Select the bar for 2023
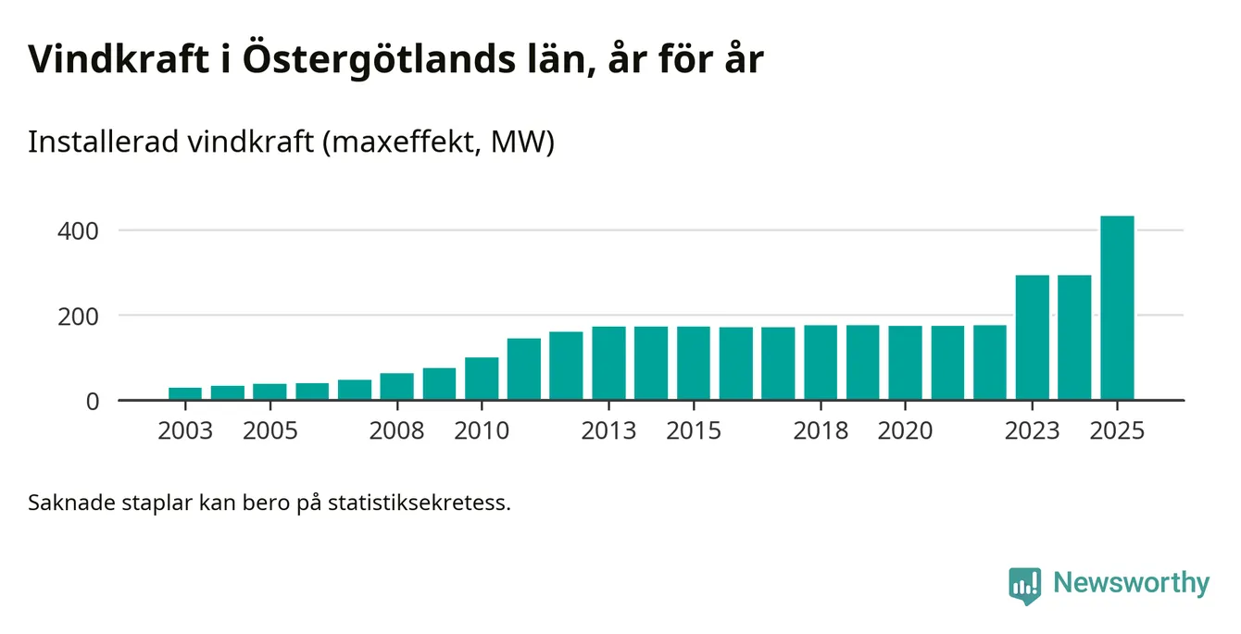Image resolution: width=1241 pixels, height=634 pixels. [x=1033, y=338]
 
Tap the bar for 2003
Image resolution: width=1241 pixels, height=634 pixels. [x=185, y=394]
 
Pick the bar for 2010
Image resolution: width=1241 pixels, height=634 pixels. [x=482, y=379]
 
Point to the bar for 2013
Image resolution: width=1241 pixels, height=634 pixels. [x=608, y=364]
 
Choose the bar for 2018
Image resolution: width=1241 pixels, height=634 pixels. [x=821, y=363]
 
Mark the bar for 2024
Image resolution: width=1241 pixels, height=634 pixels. [x=1074, y=338]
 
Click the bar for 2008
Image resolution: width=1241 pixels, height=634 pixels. [x=397, y=387]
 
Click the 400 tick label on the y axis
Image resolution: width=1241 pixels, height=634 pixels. [x=79, y=230]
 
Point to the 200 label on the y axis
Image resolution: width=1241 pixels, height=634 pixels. [x=79, y=316]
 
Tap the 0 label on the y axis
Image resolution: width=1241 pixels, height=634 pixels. [x=92, y=402]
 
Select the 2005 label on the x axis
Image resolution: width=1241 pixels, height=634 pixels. [x=270, y=431]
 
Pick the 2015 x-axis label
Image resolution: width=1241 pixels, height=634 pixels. [x=694, y=431]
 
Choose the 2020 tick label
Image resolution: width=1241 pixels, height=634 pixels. [x=905, y=431]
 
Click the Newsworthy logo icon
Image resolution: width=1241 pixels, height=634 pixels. [x=1025, y=585]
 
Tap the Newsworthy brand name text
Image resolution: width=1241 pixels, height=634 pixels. [x=1131, y=584]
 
